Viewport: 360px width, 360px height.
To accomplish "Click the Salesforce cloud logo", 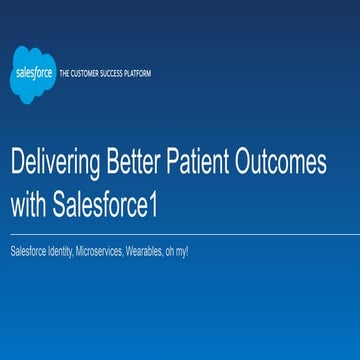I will click(32, 75).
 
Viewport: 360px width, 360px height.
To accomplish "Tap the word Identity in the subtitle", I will click(58, 251).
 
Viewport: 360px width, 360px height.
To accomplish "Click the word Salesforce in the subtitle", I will click(27, 251).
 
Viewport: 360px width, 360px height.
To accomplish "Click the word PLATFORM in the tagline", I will click(138, 75).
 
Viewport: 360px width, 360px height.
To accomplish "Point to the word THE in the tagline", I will click(66, 75).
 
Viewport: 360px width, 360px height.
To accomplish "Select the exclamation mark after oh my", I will click(187, 251).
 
